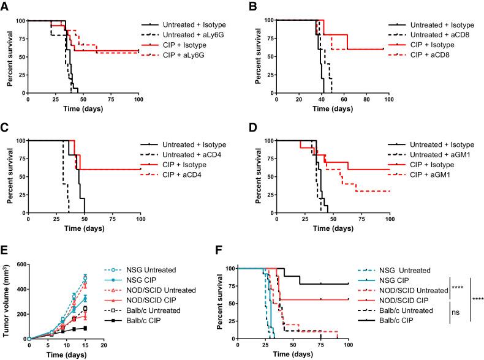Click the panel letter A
coord(5,6)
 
